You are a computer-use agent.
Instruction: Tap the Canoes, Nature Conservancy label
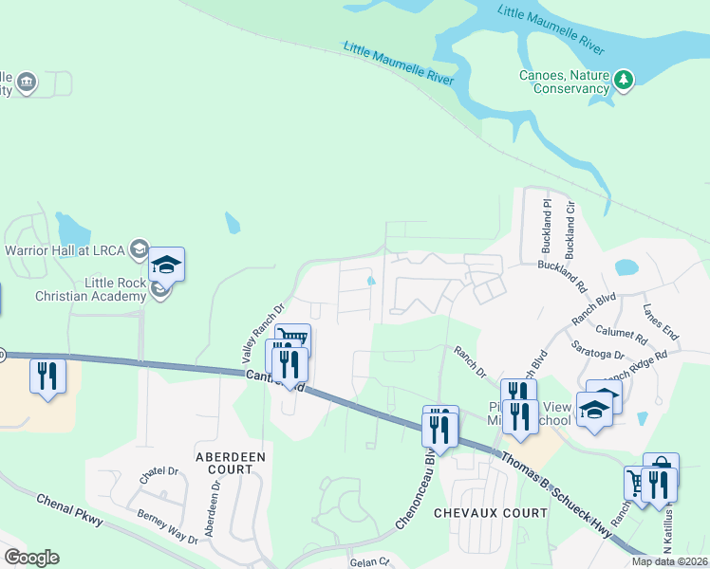click(564, 82)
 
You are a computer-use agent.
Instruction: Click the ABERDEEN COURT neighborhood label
click(230, 464)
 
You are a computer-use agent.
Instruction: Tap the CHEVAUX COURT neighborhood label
click(490, 513)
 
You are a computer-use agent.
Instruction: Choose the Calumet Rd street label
click(623, 333)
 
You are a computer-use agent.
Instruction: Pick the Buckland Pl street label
click(547, 226)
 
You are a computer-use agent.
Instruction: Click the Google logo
click(31, 558)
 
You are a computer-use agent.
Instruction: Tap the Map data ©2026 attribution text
click(669, 561)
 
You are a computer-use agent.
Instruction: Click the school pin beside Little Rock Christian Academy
click(166, 266)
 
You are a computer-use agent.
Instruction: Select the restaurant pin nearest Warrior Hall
click(47, 376)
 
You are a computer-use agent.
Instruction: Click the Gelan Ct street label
click(370, 562)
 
